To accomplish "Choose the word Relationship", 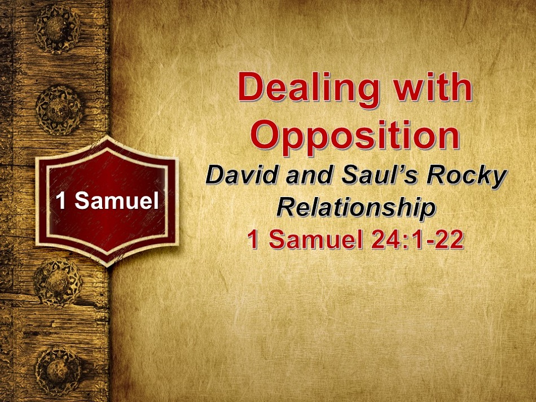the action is pyautogui.click(x=356, y=209).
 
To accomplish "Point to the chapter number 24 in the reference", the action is pyautogui.click(x=382, y=239).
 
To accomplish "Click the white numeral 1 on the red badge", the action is pyautogui.click(x=61, y=200).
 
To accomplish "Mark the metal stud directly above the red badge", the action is pyautogui.click(x=59, y=110).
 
